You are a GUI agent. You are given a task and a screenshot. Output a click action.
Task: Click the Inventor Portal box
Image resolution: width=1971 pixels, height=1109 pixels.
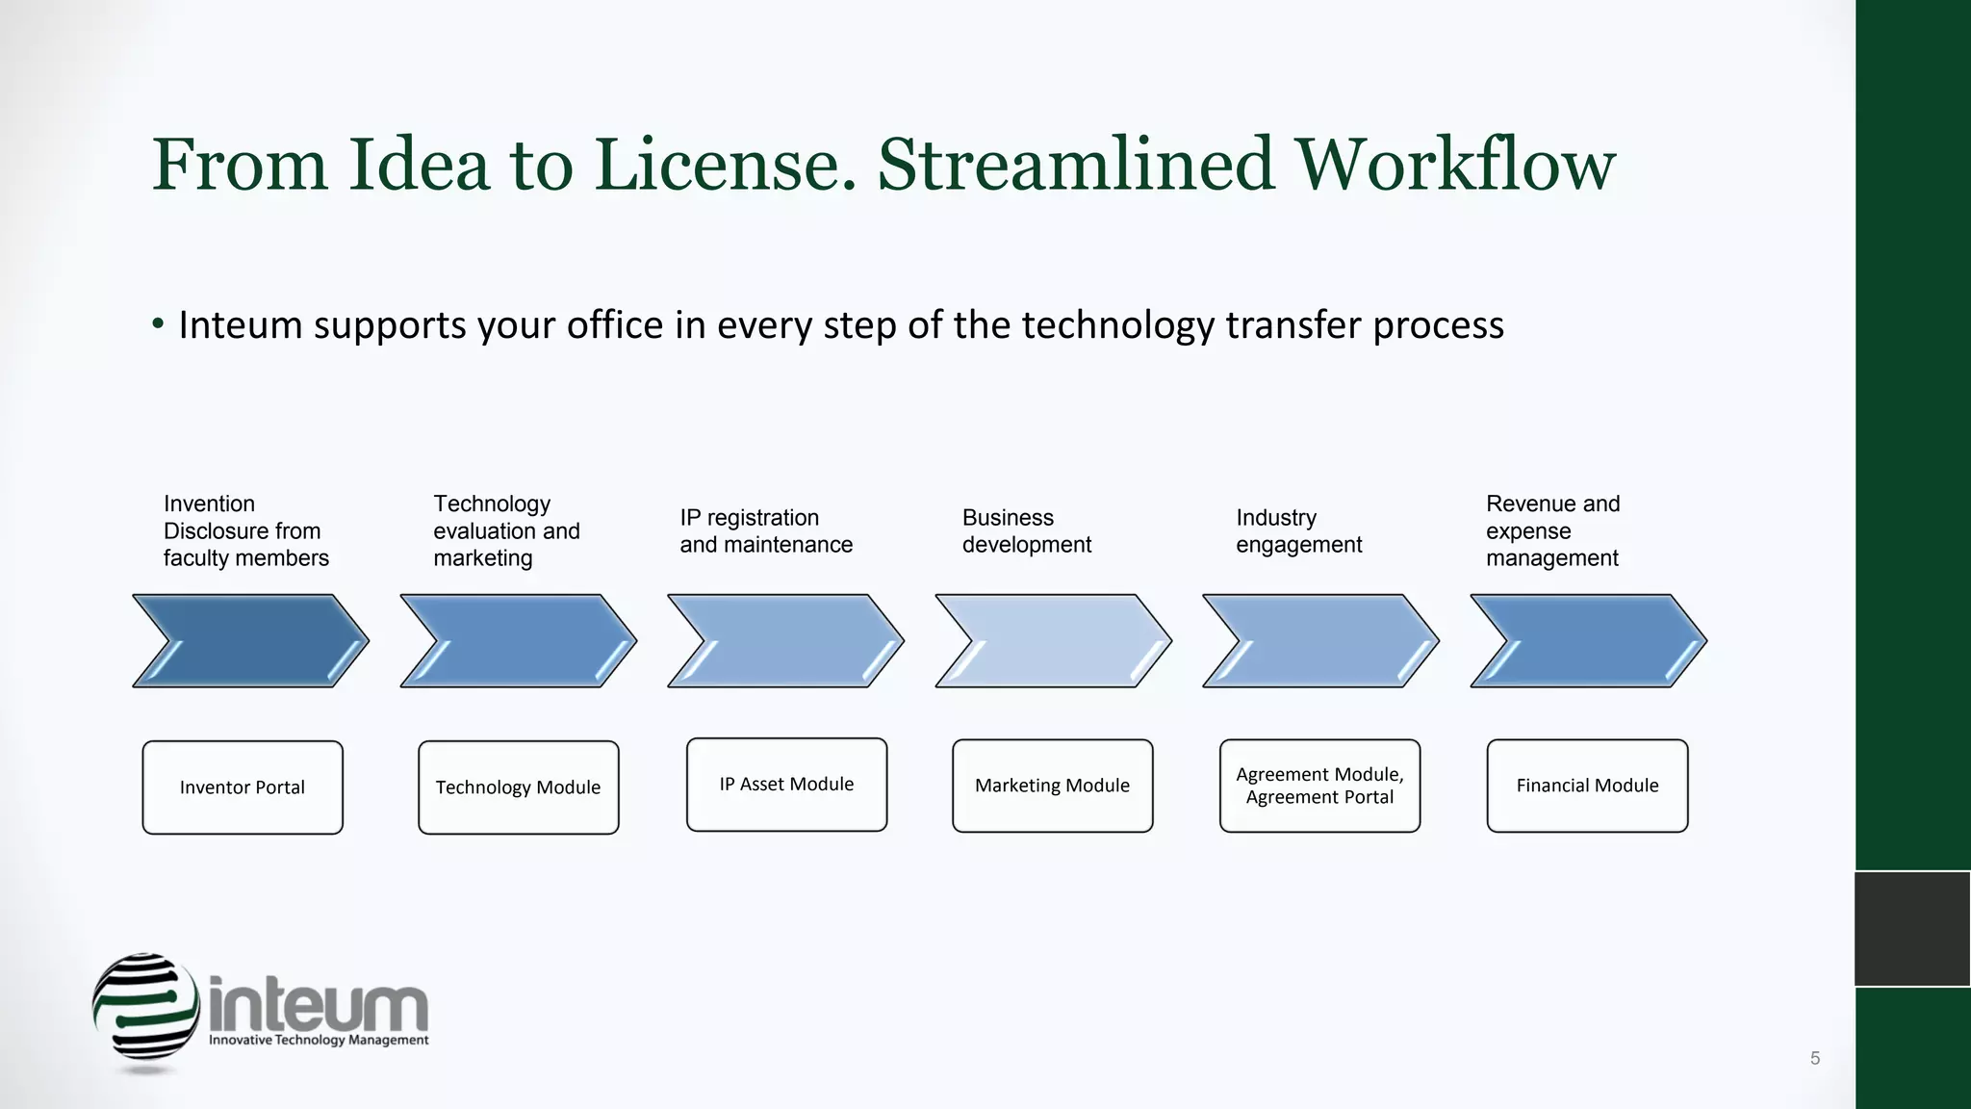[243, 787]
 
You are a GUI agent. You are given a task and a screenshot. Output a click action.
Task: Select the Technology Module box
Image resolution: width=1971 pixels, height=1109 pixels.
[518, 787]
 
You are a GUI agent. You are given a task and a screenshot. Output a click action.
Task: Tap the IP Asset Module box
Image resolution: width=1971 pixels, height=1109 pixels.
[786, 785]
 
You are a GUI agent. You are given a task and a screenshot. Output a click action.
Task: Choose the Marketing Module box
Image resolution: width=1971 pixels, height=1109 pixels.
[1052, 786]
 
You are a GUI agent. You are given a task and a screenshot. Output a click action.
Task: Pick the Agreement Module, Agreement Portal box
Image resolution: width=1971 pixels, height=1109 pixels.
[1319, 786]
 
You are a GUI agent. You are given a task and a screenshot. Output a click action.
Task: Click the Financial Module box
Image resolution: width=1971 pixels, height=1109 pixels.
[1587, 786]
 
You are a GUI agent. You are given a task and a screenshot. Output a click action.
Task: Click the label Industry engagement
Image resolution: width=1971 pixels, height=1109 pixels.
[1298, 531]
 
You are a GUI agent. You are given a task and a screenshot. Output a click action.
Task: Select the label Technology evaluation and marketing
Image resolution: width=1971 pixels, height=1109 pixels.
[506, 531]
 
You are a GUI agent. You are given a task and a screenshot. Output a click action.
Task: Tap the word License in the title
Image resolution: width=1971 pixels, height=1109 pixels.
[725, 166]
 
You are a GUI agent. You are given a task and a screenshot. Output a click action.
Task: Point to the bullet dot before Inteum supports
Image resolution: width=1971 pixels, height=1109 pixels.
[158, 324]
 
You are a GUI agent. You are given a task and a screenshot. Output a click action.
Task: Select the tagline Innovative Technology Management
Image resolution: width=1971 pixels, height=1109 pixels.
[319, 1041]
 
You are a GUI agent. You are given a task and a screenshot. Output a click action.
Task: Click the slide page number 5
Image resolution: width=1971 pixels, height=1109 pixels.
[1815, 1058]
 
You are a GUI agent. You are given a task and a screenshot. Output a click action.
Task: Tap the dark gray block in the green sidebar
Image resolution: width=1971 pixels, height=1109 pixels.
[1912, 929]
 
